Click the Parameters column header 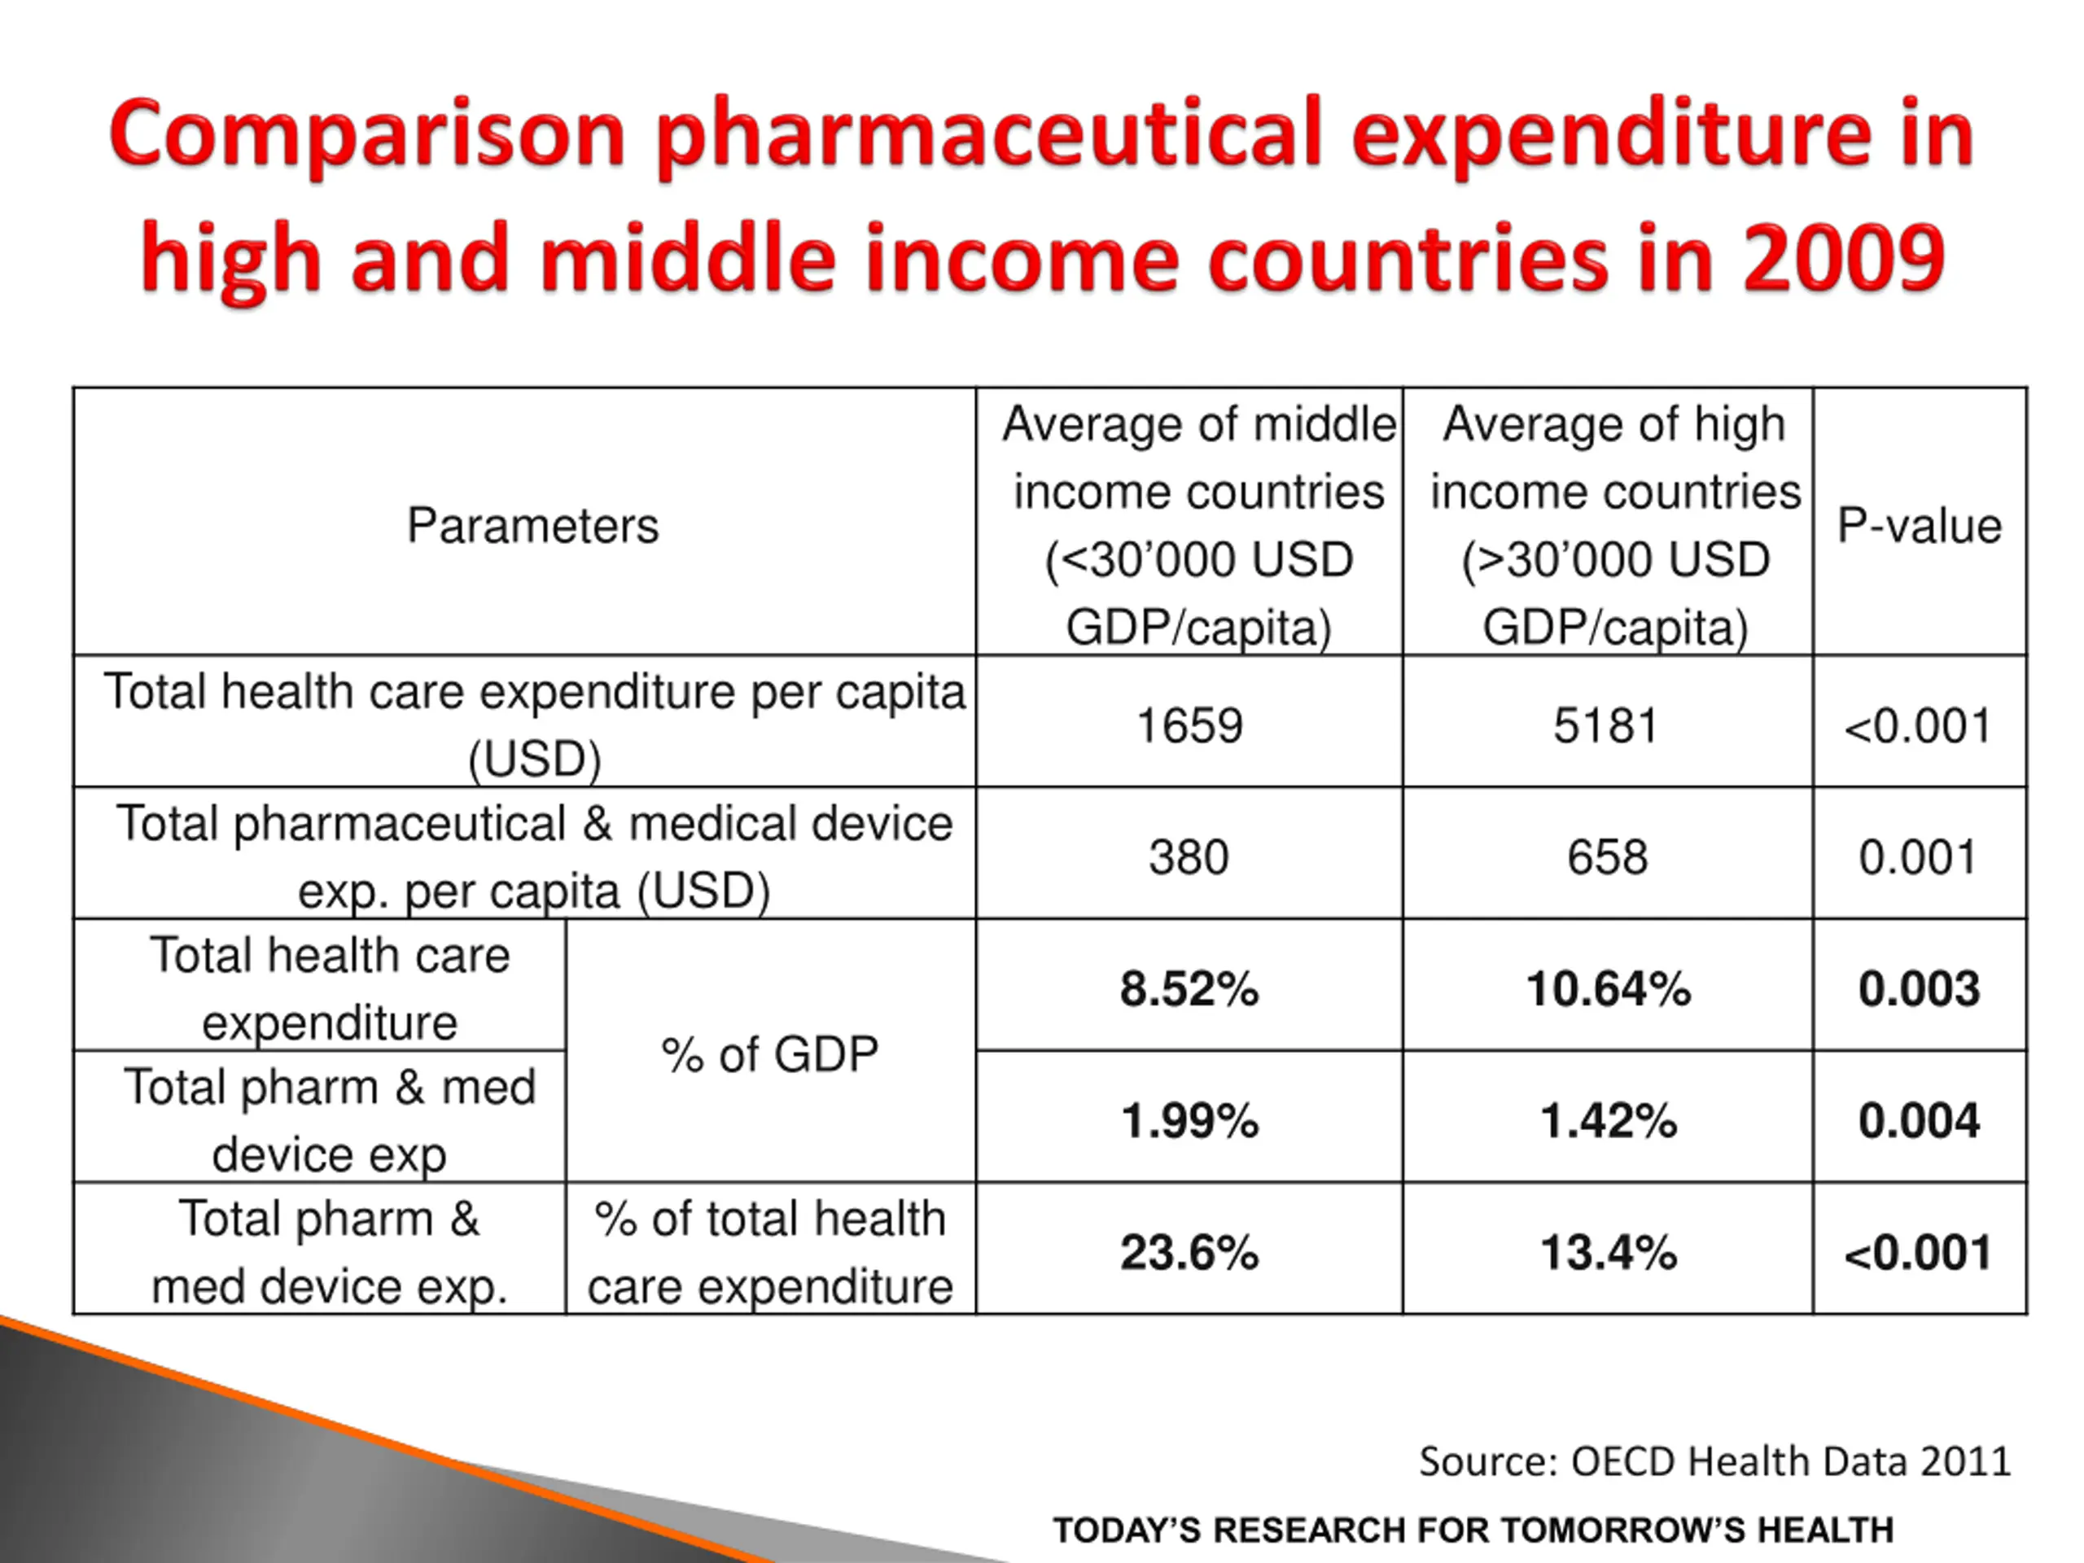click(x=532, y=526)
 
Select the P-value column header click(x=1919, y=526)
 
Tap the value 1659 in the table click(x=1189, y=725)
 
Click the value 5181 click(x=1606, y=725)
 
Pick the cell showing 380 click(x=1189, y=857)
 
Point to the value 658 click(x=1607, y=857)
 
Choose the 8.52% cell click(x=1189, y=989)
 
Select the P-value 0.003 click(x=1919, y=989)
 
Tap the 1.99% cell click(x=1189, y=1121)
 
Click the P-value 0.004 click(x=1919, y=1121)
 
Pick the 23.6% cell click(x=1189, y=1253)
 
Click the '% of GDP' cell click(x=770, y=1054)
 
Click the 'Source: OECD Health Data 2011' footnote click(x=1714, y=1461)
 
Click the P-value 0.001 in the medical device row click(x=1917, y=857)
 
